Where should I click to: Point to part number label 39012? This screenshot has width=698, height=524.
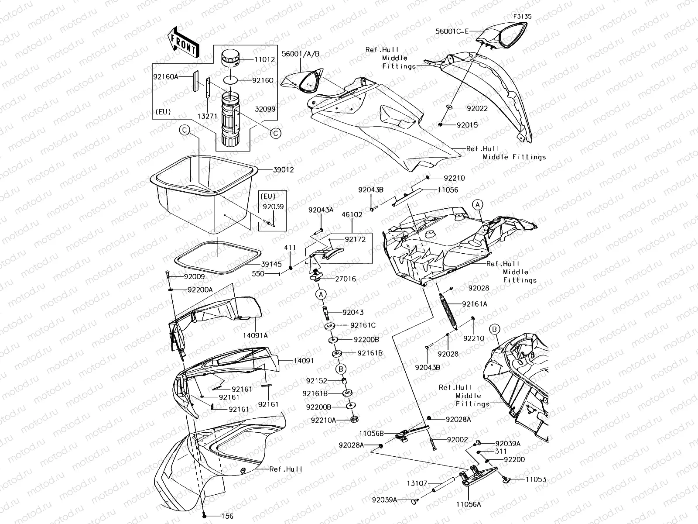coord(283,169)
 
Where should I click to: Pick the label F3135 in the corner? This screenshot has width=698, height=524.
coord(522,17)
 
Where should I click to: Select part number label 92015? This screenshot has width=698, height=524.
coord(467,125)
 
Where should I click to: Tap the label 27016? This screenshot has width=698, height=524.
coord(345,279)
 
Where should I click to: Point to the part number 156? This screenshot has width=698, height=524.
coord(227,516)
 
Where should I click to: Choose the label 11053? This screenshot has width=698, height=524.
coord(536,479)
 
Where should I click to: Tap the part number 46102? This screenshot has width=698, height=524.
coord(352,215)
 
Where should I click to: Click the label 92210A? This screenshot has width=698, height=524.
coord(323,420)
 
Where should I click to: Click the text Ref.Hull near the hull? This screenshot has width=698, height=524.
coord(286,469)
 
